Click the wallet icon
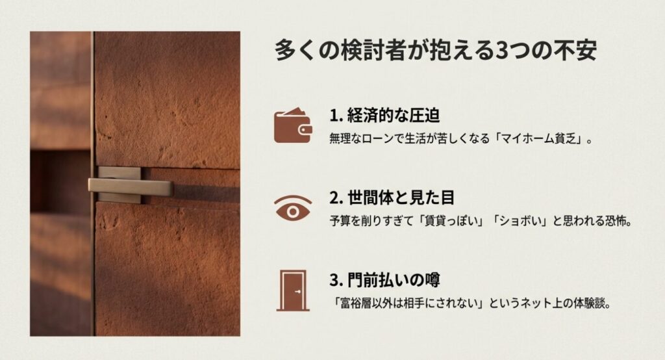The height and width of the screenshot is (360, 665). tap(292, 125)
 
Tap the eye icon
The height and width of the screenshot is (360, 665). tap(292, 207)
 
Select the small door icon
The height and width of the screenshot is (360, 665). tap(292, 290)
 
